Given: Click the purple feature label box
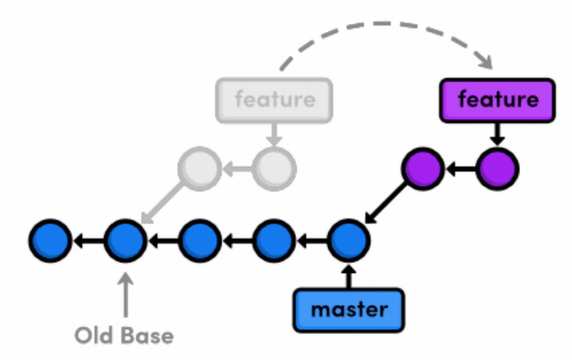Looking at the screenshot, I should pos(497,100).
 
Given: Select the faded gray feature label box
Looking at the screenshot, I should pos(274,100).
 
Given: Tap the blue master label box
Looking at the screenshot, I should pos(349,310).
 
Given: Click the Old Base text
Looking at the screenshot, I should pos(124,336).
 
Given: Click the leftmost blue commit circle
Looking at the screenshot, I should pos(50,241).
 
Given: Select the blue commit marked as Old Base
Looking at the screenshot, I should pos(125,241).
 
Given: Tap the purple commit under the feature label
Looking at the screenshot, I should pos(498,168).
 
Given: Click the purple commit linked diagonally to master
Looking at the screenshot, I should pos(423,168).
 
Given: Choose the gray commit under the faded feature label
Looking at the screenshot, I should pos(274,168).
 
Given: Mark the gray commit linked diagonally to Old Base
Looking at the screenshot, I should pos(199,168).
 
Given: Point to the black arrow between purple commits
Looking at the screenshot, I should pos(460,168).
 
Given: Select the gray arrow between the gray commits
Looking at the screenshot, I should pos(237,168).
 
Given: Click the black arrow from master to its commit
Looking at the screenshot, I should pos(349,276).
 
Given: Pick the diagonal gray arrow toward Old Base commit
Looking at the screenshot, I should pos(162,204).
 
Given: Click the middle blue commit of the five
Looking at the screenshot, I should pos(199,241).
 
